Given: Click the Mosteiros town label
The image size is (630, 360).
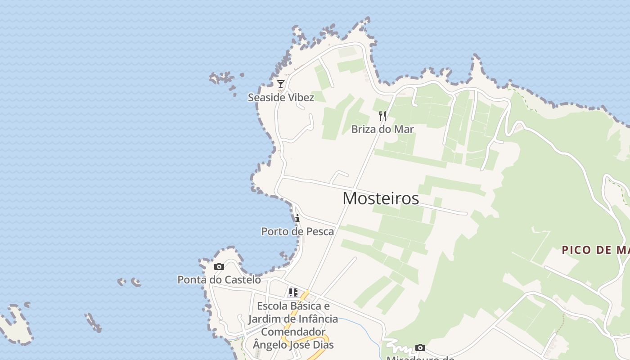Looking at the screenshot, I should (381, 198).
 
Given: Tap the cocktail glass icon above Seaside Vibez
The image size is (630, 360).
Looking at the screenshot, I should (281, 84).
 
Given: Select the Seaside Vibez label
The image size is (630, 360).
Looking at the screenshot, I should (281, 97).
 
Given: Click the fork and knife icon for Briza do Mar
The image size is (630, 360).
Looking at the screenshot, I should (382, 116).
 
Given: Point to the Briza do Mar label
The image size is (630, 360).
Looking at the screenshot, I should (382, 129).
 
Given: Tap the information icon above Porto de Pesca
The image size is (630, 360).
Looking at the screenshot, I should (297, 218).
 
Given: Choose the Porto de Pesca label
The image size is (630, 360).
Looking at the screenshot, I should (297, 231).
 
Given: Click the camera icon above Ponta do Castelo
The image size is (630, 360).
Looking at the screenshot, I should (219, 266).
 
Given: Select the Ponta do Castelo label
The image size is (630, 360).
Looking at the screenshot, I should (219, 279).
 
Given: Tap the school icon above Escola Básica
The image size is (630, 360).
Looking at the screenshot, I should (293, 292).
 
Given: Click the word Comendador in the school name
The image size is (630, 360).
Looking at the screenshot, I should (293, 332).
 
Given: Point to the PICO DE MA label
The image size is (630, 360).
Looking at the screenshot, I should (595, 250).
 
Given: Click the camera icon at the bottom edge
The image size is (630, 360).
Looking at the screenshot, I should (420, 347).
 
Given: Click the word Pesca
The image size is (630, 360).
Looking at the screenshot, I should (319, 231).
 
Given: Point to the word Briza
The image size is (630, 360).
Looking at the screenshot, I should (364, 129).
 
